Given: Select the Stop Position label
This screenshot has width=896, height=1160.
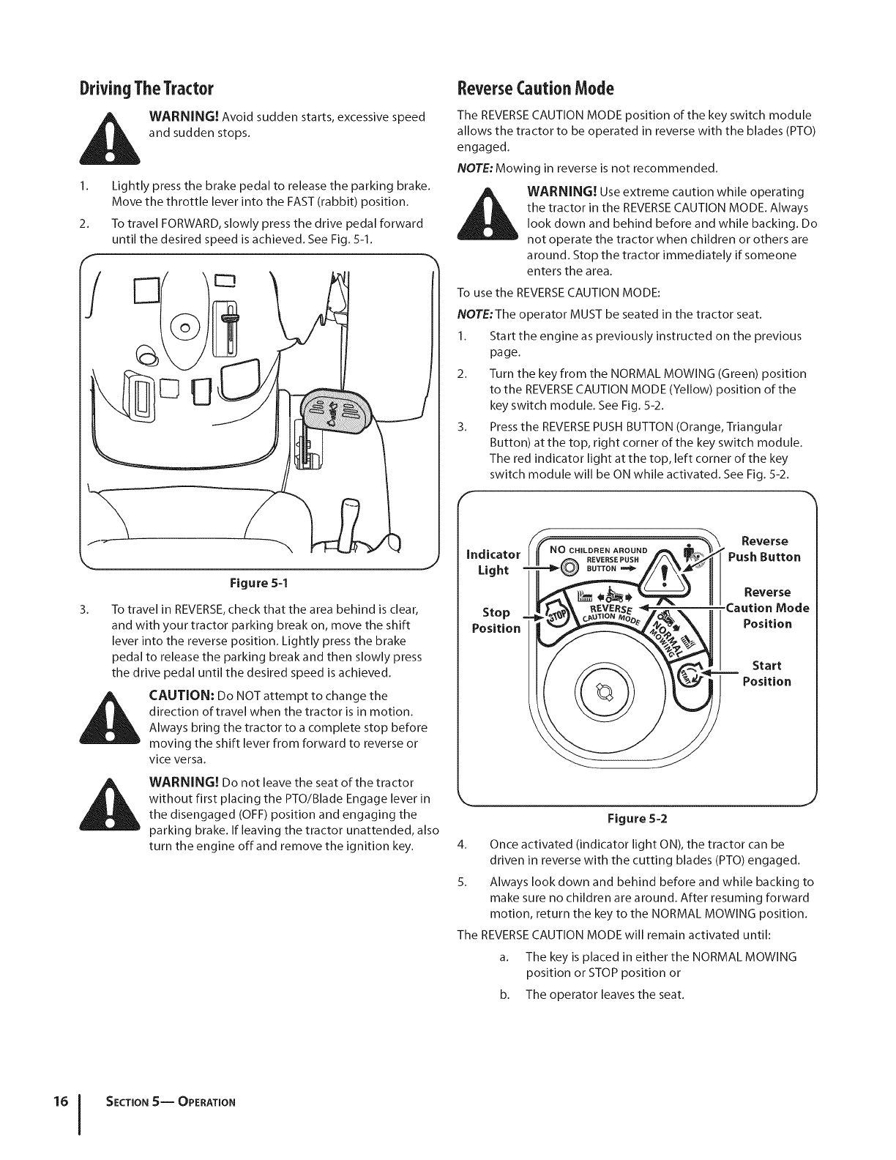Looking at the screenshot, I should (496, 620).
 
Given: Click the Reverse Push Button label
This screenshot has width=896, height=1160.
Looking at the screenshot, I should (764, 549).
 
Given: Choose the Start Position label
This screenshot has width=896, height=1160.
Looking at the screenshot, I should (766, 673).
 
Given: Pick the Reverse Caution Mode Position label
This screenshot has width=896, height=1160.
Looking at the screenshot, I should (766, 608).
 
